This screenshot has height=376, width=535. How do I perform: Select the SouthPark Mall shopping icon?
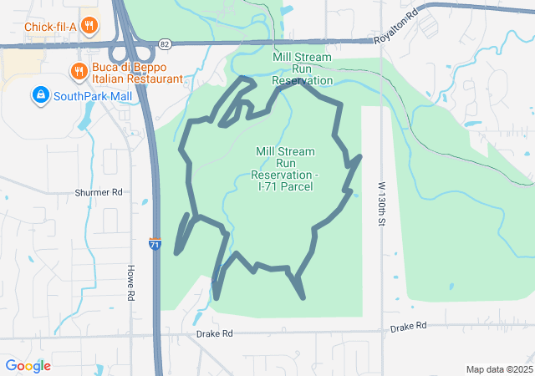tap(39, 95)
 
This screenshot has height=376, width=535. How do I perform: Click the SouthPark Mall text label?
tap(93, 96)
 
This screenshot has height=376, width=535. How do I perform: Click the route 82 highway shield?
tap(163, 43)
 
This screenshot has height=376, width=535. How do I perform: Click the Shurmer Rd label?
tap(99, 192)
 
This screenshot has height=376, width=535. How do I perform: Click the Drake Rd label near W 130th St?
tap(408, 326)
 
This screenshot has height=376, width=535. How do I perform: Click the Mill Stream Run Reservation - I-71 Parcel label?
tap(285, 168)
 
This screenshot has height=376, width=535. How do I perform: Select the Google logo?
tap(28, 366)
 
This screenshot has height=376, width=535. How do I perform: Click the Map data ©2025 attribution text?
tap(499, 369)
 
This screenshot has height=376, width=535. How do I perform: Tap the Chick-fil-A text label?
tap(51, 26)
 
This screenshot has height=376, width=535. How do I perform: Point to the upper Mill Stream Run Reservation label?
tap(303, 69)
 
